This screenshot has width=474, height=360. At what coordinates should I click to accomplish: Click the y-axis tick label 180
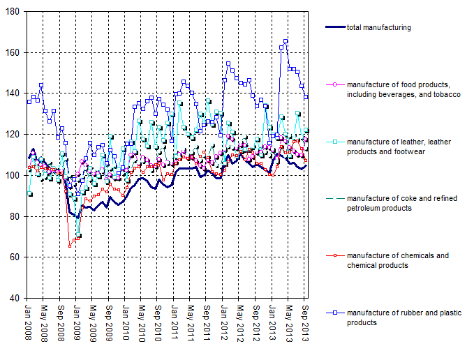point(14,12)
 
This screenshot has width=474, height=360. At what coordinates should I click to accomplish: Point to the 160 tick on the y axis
point(14,53)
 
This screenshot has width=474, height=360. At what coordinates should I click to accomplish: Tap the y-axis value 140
point(14,93)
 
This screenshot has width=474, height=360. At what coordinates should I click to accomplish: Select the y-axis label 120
point(14,135)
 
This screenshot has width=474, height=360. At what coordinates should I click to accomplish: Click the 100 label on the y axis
point(14,176)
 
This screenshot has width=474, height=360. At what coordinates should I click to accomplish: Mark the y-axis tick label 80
point(16,216)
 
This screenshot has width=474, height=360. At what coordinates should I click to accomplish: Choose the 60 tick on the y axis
point(16,257)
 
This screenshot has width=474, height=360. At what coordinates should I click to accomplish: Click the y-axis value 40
point(16,299)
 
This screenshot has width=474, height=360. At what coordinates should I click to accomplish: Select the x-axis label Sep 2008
point(61,323)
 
